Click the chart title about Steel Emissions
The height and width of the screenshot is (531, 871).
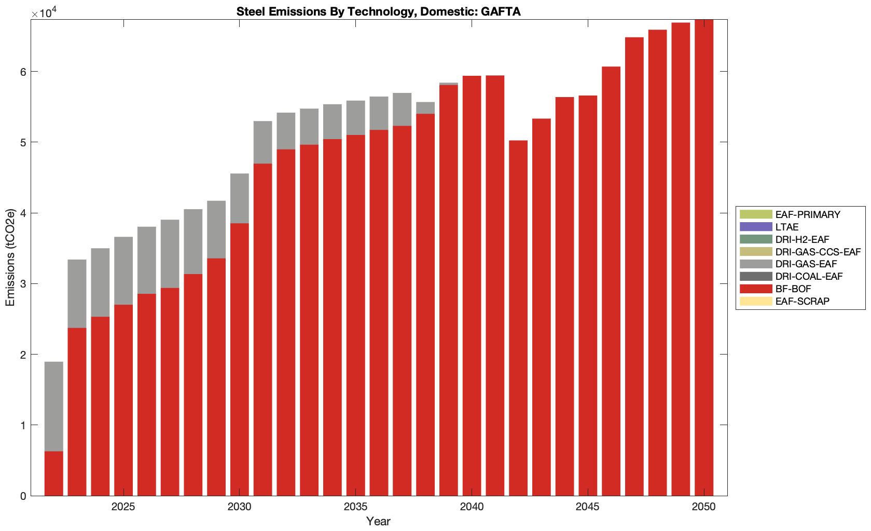(x=378, y=11)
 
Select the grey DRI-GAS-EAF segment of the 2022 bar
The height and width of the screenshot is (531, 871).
(x=54, y=406)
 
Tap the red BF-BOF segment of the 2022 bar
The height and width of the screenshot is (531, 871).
(x=54, y=473)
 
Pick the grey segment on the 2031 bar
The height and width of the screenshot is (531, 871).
(x=262, y=142)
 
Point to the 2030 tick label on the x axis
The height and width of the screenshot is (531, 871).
(x=239, y=507)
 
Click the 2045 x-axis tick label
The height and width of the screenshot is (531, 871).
(x=587, y=507)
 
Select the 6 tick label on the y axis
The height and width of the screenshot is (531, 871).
(x=23, y=72)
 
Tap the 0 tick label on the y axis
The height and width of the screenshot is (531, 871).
(x=23, y=496)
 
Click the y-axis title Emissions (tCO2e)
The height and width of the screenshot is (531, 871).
(x=10, y=257)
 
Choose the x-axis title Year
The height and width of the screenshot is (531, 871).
(x=378, y=521)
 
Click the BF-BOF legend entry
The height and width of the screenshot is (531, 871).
(x=793, y=289)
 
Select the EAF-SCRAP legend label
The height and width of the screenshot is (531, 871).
(x=803, y=302)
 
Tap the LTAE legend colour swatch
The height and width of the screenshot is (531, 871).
(x=756, y=227)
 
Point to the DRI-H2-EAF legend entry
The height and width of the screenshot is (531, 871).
(x=802, y=239)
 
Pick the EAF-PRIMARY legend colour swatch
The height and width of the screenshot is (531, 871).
(x=756, y=214)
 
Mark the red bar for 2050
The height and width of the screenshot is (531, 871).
(x=704, y=257)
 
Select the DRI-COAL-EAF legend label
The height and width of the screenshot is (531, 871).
(x=809, y=277)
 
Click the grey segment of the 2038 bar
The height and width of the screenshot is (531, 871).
(x=425, y=107)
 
